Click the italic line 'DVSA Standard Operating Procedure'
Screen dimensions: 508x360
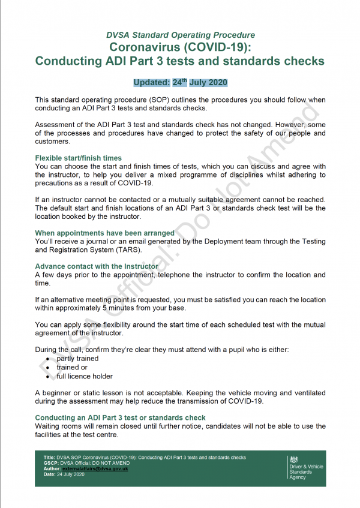[x=180, y=35]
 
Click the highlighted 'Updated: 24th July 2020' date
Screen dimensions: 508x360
[x=180, y=82]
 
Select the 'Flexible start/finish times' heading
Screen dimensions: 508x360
[x=78, y=158]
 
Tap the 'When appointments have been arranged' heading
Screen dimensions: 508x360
[x=104, y=233]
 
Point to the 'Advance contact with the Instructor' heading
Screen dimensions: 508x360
[x=97, y=266]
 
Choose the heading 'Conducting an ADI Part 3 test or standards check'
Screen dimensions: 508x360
[x=120, y=417]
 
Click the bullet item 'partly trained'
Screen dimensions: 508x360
[x=77, y=359]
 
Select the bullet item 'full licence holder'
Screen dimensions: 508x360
[x=84, y=376]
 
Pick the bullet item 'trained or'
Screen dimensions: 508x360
[x=72, y=367]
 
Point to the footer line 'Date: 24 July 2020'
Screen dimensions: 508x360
[x=64, y=474]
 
